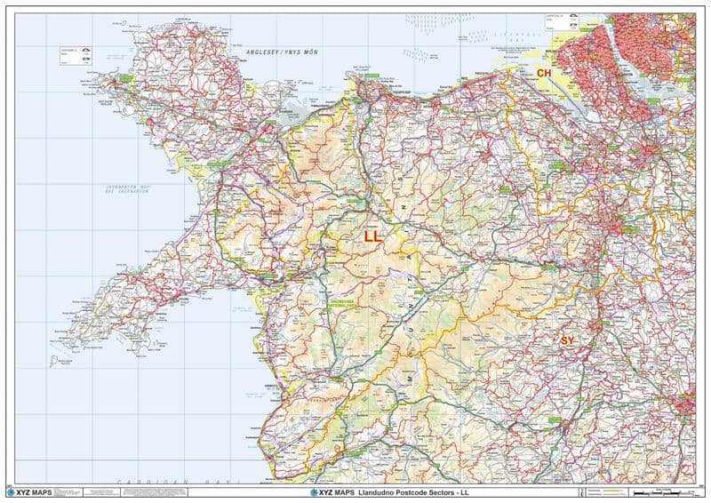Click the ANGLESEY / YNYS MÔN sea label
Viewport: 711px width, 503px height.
tap(286, 53)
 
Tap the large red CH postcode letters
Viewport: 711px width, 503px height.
tap(544, 72)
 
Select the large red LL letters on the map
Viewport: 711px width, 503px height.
tap(372, 237)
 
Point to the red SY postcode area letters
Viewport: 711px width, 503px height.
tap(567, 340)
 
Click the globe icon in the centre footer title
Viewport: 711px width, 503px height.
tap(313, 491)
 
